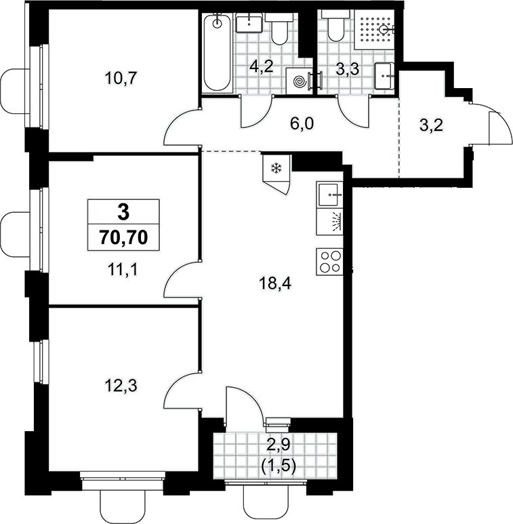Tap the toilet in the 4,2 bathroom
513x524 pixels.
tap(279, 28)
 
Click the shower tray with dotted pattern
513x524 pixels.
tap(374, 30)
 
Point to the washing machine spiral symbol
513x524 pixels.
tap(300, 81)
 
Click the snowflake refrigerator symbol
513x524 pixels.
tap(276, 168)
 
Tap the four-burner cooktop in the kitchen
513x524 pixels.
tap(329, 262)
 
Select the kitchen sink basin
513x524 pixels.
tap(330, 195)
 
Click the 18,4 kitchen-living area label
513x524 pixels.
tap(275, 285)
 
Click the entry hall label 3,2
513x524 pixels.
tap(431, 125)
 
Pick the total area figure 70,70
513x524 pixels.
tap(123, 238)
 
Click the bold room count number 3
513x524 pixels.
tap(123, 212)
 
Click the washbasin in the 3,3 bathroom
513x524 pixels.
tap(384, 76)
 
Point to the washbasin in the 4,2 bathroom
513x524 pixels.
tap(249, 23)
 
